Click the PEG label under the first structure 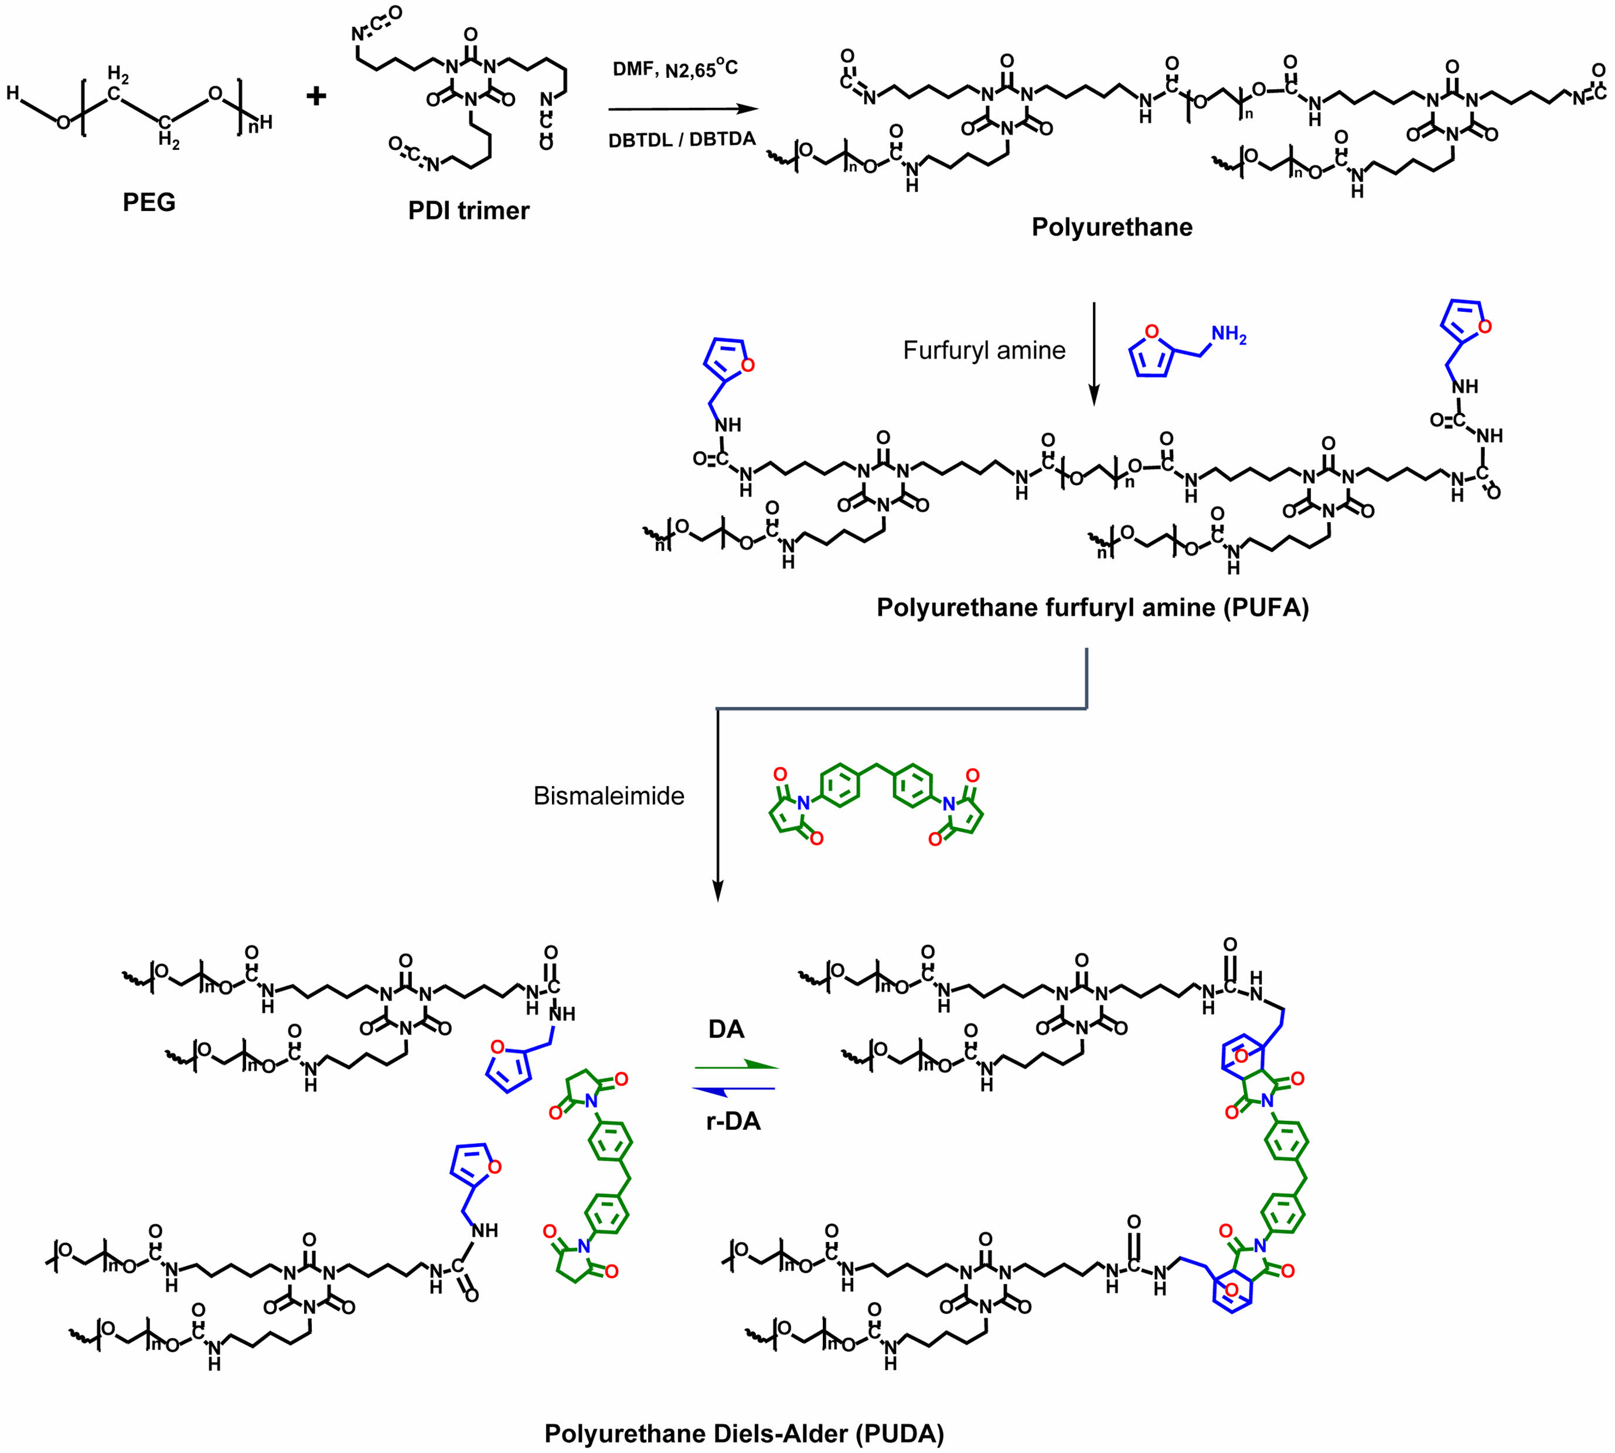[x=148, y=202]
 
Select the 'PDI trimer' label [x=469, y=211]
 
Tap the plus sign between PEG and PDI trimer [x=316, y=97]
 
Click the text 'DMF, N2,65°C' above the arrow [x=674, y=70]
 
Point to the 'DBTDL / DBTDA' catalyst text [x=682, y=139]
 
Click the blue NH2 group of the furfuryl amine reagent [x=1229, y=336]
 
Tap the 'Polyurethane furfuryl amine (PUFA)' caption [x=1092, y=608]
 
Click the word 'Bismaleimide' [x=608, y=796]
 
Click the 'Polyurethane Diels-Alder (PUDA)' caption [x=744, y=1434]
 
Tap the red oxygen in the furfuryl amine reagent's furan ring [x=1151, y=331]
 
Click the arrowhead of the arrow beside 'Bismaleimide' [x=718, y=893]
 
